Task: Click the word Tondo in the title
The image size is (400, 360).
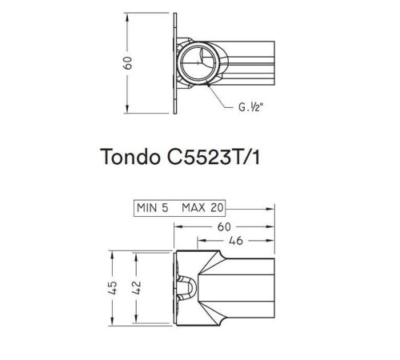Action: [x=129, y=157]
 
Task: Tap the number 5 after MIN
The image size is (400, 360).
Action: [x=163, y=207]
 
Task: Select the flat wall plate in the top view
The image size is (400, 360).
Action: [x=175, y=63]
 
